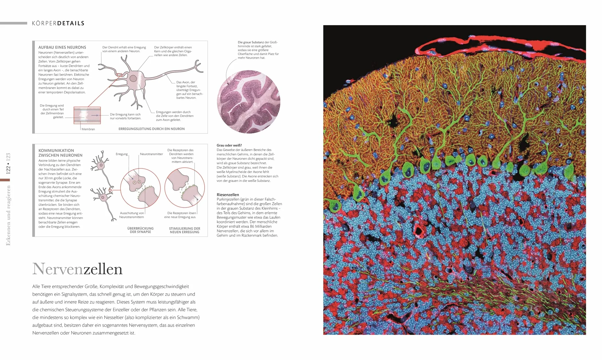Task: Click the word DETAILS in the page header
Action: coord(70,23)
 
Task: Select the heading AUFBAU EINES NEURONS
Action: coord(62,47)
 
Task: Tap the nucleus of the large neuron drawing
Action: coord(133,79)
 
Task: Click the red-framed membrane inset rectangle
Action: coord(87,115)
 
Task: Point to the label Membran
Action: coord(88,129)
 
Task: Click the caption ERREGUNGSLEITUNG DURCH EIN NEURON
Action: coord(152,129)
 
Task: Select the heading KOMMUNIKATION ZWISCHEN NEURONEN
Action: coord(60,153)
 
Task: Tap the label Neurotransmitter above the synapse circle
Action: coord(151,154)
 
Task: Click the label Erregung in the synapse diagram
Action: coord(122,154)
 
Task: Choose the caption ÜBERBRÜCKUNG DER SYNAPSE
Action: coord(140,230)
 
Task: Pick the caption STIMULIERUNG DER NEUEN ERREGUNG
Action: coord(185,230)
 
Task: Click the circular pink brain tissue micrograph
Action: coord(248,101)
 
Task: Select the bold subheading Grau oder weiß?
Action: coord(229,145)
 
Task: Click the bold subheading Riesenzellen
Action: coord(228,195)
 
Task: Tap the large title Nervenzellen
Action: coord(77,269)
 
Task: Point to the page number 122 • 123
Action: coord(8,163)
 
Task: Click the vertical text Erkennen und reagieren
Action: coord(8,215)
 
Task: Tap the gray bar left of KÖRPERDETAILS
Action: coord(13,23)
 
